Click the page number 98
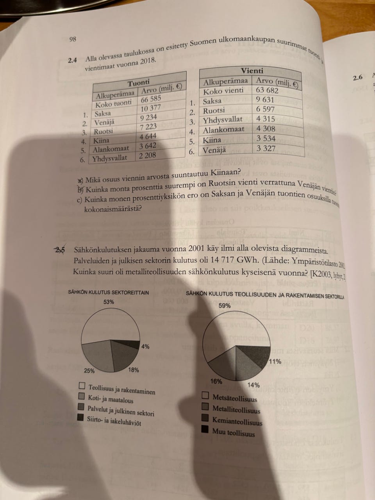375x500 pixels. pos(73,39)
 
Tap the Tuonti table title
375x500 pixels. pos(138,82)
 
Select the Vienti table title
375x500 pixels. pos(252,71)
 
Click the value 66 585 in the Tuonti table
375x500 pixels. pos(151,99)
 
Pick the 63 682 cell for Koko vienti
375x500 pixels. pos(267,91)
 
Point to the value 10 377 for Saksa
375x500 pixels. pos(150,108)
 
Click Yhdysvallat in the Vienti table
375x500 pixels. pos(223,120)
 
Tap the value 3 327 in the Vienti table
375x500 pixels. pos(266,148)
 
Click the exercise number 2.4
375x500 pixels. pos(72,60)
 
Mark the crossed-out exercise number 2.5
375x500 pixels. pos(60,249)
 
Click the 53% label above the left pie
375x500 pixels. pos(109,302)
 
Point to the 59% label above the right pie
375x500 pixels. pos(224,306)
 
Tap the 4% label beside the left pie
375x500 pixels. pos(145,346)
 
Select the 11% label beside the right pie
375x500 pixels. pos(275,361)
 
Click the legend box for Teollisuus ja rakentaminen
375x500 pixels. pos(82,386)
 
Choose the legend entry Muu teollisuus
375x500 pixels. pos(233,433)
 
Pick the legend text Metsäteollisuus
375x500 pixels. pos(235,398)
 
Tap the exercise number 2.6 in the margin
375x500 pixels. pos(357,78)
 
